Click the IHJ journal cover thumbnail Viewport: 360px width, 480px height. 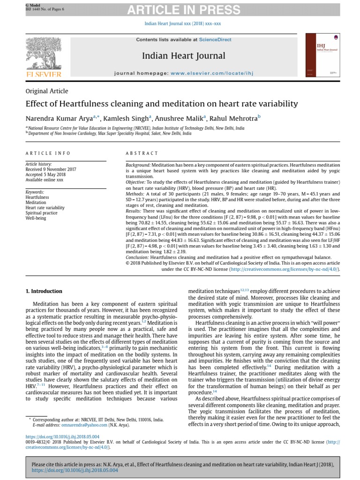click(x=322, y=58)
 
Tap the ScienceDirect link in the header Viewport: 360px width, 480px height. click(x=215, y=40)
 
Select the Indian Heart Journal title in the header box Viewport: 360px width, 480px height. click(x=184, y=56)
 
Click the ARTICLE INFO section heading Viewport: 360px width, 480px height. click(x=48, y=153)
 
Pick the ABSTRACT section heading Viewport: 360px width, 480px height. click(x=142, y=153)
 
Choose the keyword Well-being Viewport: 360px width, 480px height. click(x=36, y=218)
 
